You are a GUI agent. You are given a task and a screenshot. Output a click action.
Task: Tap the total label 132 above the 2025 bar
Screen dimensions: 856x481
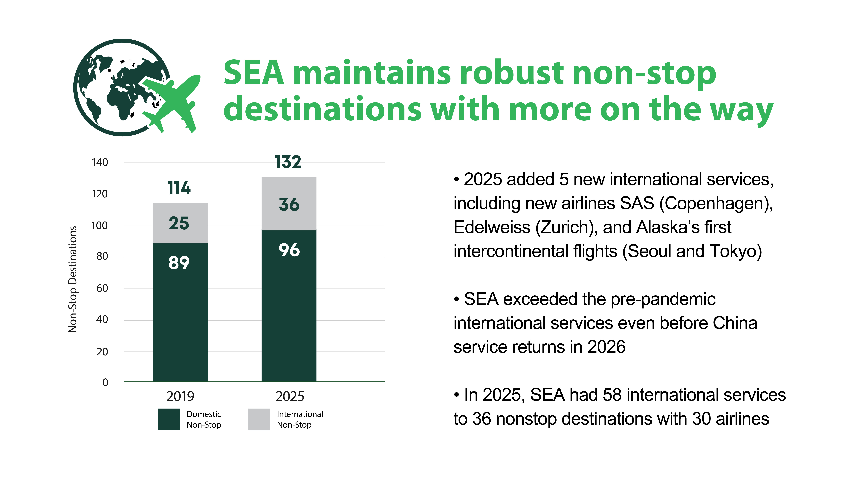(x=288, y=162)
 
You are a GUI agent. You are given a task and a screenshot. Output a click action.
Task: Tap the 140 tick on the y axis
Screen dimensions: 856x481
(x=100, y=162)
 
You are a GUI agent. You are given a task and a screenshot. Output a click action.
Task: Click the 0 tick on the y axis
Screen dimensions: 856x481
(x=105, y=382)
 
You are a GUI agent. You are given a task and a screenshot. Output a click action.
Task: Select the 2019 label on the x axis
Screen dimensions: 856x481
(x=180, y=396)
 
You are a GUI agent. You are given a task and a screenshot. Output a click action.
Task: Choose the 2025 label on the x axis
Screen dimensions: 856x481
(x=290, y=396)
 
